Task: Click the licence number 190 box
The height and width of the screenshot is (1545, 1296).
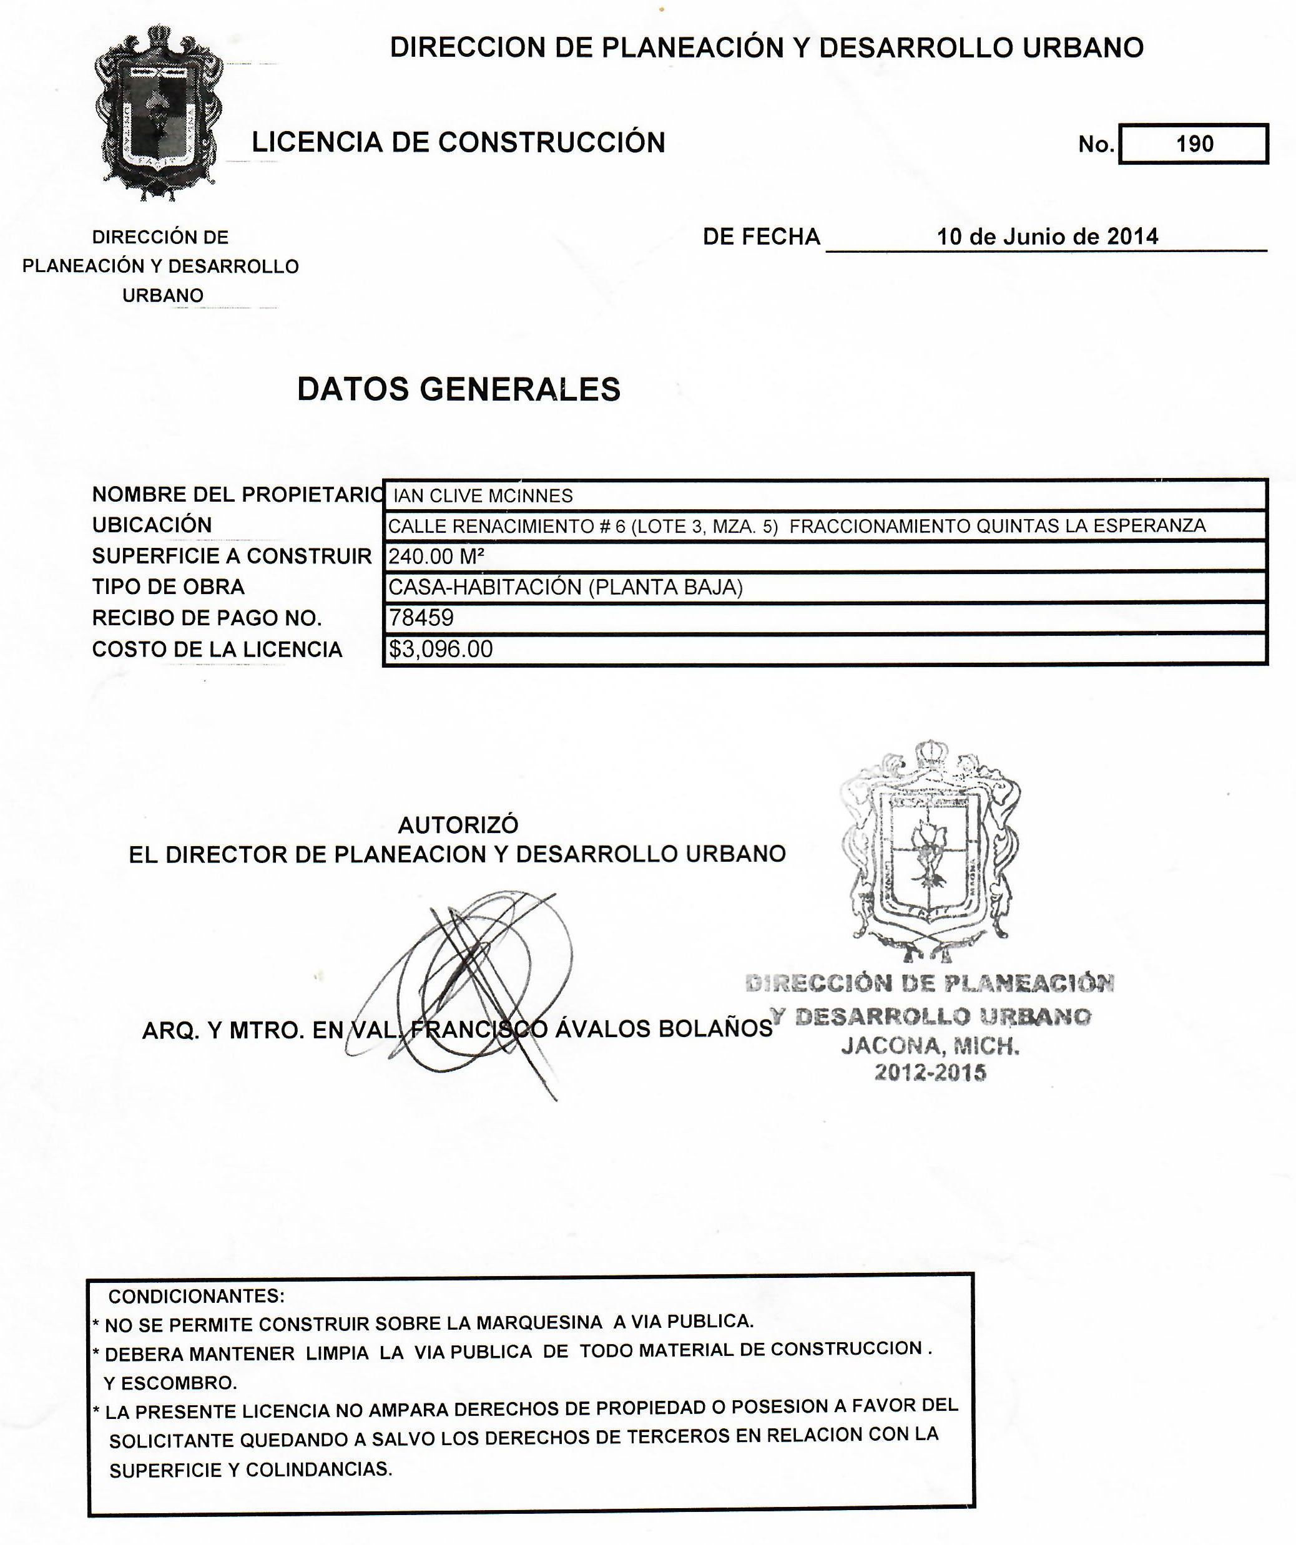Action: tap(1193, 144)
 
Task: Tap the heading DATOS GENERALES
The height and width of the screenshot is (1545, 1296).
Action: tap(458, 389)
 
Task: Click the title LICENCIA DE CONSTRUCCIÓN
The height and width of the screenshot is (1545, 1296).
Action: tap(458, 142)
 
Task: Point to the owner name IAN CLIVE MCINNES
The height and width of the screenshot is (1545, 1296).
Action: tap(483, 496)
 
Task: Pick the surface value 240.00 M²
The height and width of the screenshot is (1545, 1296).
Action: tap(436, 556)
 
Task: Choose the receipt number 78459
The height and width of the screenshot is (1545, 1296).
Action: tap(421, 617)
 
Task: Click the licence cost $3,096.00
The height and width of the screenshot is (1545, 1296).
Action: tap(441, 649)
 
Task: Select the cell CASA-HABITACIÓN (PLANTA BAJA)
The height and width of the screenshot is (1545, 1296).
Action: tap(565, 587)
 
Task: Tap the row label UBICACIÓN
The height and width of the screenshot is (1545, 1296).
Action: tap(152, 525)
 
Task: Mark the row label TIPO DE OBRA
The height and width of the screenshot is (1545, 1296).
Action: tap(168, 587)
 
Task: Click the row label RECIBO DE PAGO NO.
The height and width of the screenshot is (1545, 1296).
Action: tap(207, 618)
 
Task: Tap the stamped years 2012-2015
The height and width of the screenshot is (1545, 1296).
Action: tap(930, 1072)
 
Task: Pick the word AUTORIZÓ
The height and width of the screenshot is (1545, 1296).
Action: tap(458, 825)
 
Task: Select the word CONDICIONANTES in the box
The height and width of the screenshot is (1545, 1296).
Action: tap(197, 1295)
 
